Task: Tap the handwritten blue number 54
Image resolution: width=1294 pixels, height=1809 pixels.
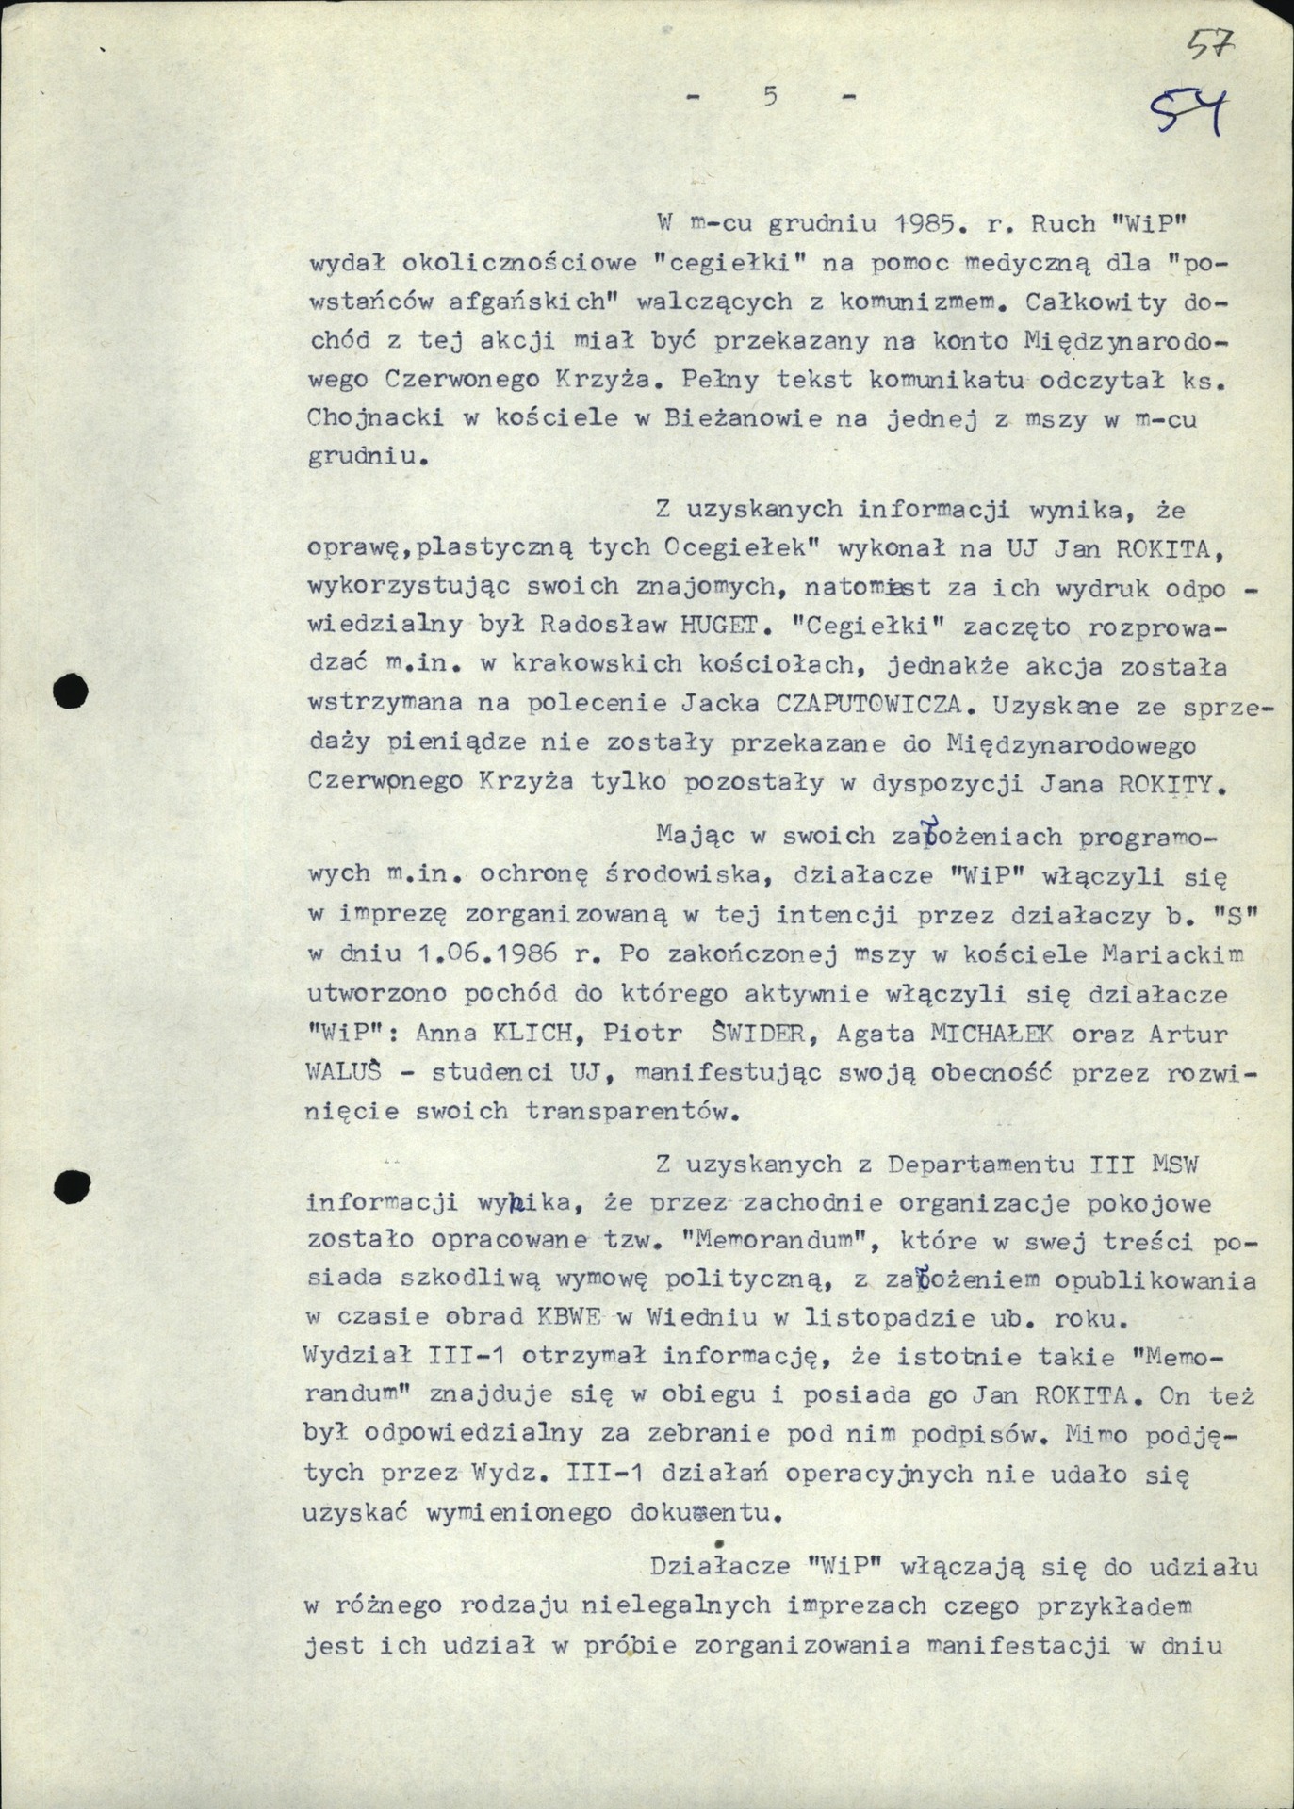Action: point(1190,115)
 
